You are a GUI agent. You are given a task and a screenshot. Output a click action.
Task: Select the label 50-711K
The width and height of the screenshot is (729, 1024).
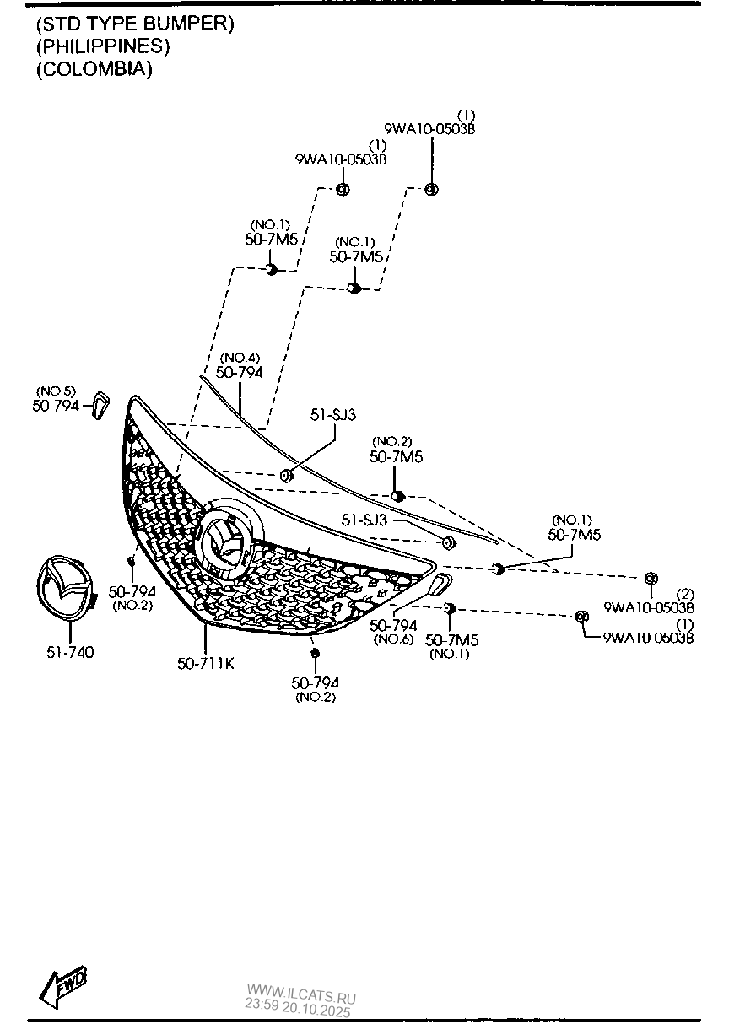click(206, 663)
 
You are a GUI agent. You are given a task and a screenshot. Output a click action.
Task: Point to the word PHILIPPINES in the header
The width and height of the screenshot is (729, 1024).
click(102, 46)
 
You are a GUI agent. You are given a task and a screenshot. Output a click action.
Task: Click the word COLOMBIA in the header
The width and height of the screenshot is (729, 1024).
click(94, 69)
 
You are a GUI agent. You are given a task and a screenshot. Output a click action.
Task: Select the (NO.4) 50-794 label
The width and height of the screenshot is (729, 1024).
click(239, 371)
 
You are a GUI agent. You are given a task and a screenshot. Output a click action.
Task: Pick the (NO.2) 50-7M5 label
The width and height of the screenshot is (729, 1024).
click(396, 456)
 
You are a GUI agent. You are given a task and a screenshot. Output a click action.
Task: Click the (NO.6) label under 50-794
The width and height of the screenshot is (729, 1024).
click(393, 639)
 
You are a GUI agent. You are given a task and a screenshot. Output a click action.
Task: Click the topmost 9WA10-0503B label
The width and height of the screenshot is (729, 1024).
click(429, 129)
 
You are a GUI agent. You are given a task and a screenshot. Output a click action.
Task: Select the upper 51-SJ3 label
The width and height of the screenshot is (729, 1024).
click(333, 414)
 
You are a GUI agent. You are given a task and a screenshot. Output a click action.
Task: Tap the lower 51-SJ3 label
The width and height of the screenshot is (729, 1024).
click(364, 520)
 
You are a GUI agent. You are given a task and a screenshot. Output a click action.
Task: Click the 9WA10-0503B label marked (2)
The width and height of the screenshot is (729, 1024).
click(649, 606)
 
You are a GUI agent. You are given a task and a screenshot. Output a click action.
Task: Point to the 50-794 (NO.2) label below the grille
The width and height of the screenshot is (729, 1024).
click(315, 682)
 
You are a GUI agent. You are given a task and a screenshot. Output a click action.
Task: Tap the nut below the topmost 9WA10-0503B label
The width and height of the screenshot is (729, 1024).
click(430, 189)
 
